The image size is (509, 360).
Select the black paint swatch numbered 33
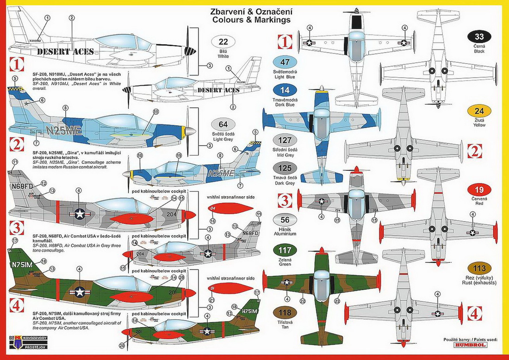tap(479, 37)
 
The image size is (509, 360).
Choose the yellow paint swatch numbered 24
tap(479, 111)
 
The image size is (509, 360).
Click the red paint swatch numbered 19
tap(479, 190)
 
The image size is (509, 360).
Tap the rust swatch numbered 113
tap(479, 268)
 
